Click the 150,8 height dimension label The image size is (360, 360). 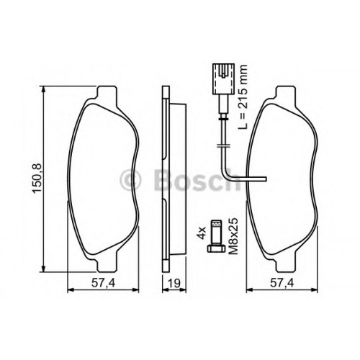click(x=37, y=179)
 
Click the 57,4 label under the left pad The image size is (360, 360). click(x=103, y=284)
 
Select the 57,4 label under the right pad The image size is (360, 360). click(x=282, y=284)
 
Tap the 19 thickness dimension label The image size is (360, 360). click(x=174, y=284)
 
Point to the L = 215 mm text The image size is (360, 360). click(x=243, y=97)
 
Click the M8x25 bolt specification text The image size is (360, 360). click(x=233, y=236)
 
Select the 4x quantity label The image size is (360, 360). click(x=201, y=233)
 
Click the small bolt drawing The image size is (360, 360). click(x=215, y=235)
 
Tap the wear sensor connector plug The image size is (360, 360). click(x=223, y=78)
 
